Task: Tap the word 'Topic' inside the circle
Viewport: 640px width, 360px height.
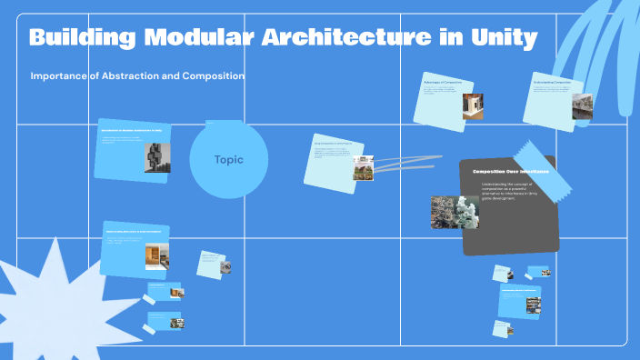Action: click(x=228, y=160)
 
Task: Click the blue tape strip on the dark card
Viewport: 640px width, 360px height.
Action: click(x=543, y=168)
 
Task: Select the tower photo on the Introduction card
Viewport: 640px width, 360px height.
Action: click(x=158, y=157)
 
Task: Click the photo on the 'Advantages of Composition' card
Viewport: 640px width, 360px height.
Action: click(x=472, y=107)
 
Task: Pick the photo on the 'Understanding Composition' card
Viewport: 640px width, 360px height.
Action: click(x=581, y=106)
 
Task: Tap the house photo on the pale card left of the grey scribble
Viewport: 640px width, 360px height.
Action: click(x=364, y=168)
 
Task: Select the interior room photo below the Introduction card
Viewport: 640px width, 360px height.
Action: click(x=156, y=255)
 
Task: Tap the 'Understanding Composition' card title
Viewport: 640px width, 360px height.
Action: click(x=552, y=82)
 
